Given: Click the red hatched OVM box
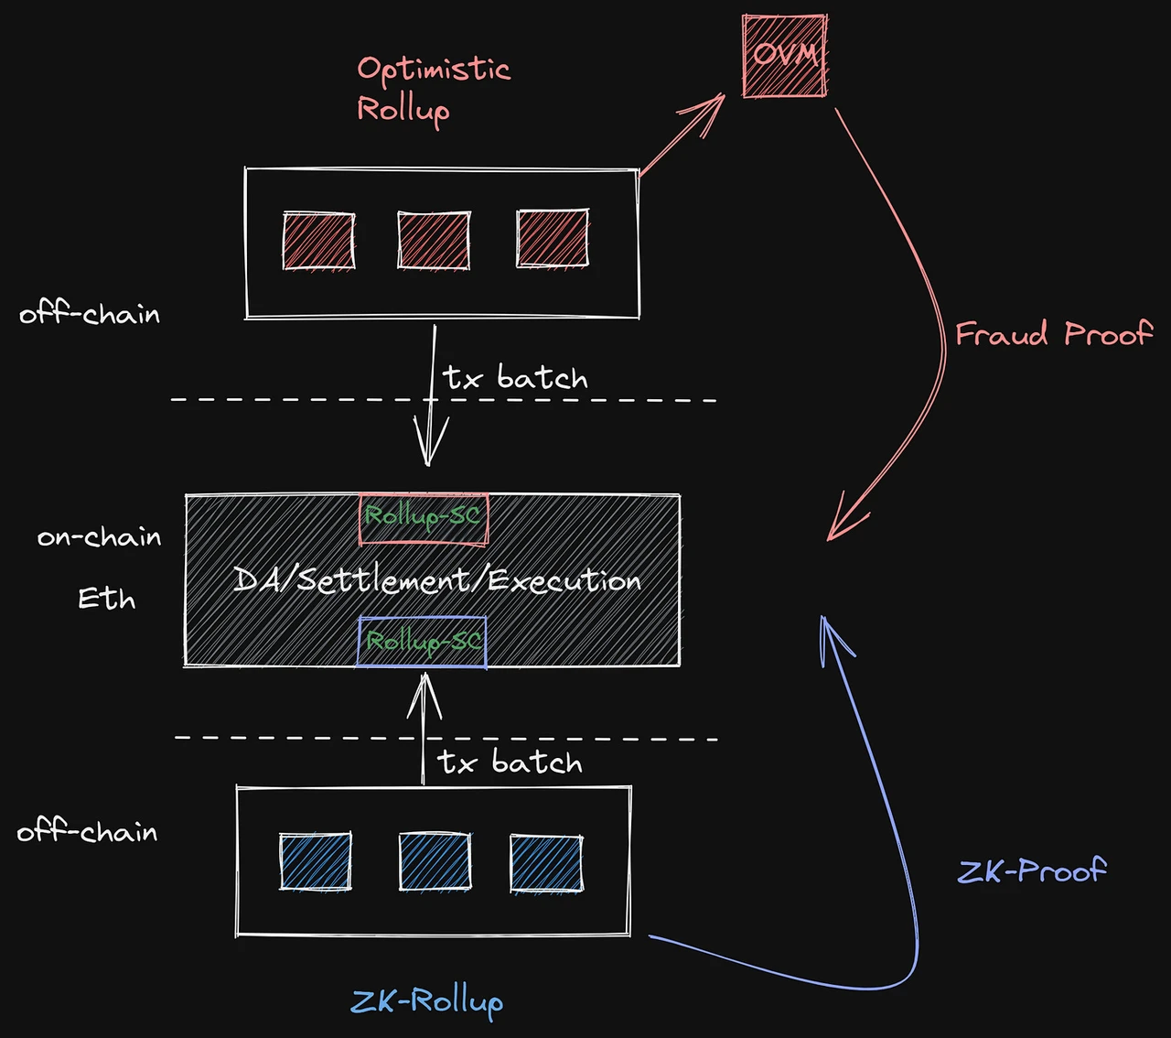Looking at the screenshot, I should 784,56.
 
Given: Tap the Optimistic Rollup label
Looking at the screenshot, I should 432,89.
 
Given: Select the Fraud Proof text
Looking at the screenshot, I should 1053,333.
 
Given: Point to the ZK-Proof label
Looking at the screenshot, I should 1031,870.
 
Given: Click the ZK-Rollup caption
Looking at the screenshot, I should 426,1000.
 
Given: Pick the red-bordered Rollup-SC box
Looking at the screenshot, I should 423,518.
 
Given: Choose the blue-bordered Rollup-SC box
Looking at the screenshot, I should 422,642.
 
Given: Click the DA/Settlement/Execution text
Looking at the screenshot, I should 436,580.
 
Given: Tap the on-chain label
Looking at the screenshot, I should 99,536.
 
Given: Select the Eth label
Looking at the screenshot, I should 106,599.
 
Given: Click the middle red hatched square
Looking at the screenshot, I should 434,240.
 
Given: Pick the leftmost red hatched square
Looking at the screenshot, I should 318,241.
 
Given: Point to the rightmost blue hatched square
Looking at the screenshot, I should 546,863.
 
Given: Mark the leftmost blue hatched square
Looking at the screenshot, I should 315,861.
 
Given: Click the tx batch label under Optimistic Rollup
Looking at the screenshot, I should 515,377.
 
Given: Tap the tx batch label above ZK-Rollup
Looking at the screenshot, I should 510,762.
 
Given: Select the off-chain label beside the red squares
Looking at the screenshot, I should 90,314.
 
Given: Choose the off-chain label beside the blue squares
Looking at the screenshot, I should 87,831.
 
